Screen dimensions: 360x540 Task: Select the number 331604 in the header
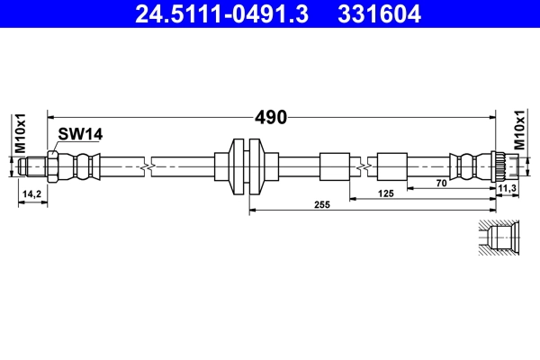pos(377,14)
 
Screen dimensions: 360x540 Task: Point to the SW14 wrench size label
pos(81,134)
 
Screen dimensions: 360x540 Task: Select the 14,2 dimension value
pos(31,193)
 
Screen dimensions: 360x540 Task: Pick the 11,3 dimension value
pos(507,188)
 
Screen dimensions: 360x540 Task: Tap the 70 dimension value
pos(441,184)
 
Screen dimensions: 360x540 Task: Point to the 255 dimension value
pos(322,205)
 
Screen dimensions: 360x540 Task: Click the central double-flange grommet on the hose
pos(246,166)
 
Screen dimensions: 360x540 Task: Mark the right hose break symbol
pos(363,166)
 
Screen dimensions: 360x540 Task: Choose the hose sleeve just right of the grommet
pos(333,166)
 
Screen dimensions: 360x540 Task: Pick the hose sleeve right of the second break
pos(391,166)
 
